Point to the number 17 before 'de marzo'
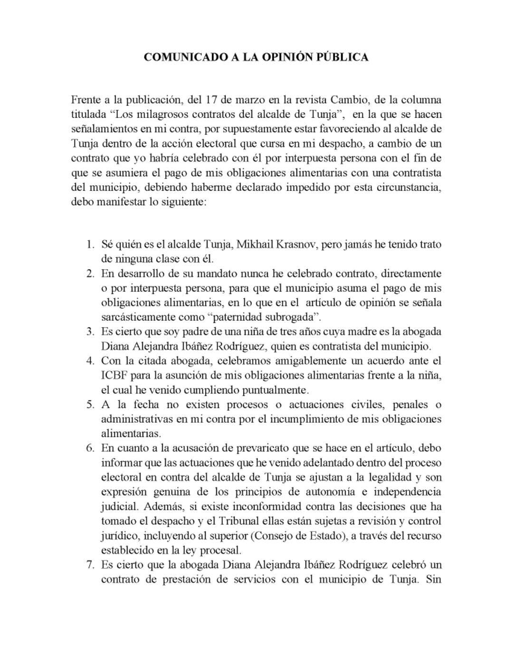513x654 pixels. (213, 100)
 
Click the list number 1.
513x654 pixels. (90, 245)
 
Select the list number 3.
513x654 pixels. (90, 332)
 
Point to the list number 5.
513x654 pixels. (90, 405)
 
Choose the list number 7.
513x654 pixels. (90, 565)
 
